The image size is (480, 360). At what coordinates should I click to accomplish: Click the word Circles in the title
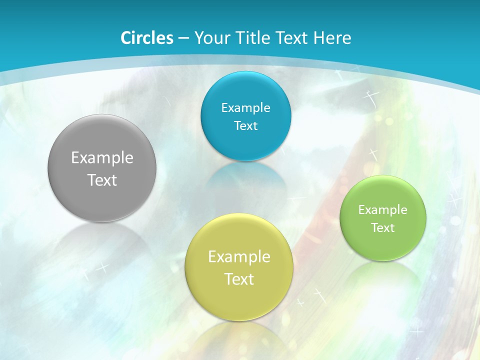[147, 38]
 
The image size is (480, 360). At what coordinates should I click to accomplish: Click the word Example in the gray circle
[102, 158]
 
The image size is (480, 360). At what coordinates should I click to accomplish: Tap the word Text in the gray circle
[102, 180]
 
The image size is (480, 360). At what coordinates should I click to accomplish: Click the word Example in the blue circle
[245, 108]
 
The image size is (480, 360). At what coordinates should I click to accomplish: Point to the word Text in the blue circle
[245, 125]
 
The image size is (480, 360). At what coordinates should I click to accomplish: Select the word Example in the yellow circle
[239, 257]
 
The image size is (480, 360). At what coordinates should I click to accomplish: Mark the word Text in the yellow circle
[239, 279]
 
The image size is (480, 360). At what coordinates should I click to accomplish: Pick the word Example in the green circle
[383, 210]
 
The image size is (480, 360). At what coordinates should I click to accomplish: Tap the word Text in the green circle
[383, 228]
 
